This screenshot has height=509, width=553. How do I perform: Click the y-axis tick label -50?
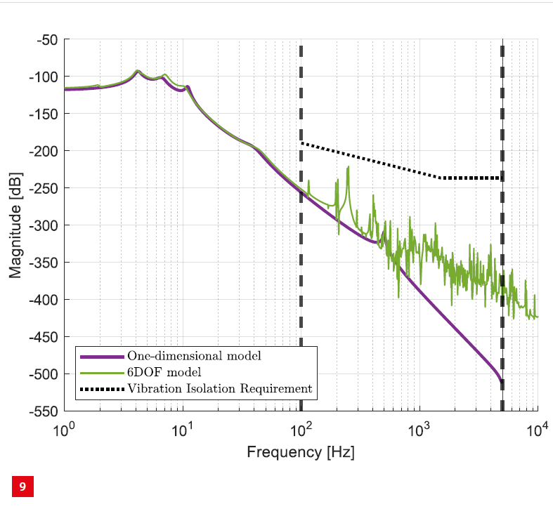click(46, 40)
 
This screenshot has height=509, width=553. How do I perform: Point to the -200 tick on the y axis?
click(43, 151)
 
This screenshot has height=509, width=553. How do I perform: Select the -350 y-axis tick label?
click(43, 263)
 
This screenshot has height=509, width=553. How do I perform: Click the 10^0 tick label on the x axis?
click(65, 428)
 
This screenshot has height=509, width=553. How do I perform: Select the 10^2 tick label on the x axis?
click(301, 428)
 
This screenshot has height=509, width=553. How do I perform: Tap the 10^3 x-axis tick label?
click(419, 428)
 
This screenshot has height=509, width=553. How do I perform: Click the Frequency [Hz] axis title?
click(301, 452)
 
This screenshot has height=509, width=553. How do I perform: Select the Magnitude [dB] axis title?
click(15, 225)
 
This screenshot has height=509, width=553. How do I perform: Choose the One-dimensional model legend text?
click(194, 356)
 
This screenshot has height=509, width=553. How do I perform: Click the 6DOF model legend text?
click(160, 372)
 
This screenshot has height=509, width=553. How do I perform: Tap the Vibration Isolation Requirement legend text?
click(219, 388)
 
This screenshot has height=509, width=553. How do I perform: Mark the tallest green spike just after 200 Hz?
click(348, 167)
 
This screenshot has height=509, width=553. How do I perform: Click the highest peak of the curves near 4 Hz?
click(138, 71)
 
